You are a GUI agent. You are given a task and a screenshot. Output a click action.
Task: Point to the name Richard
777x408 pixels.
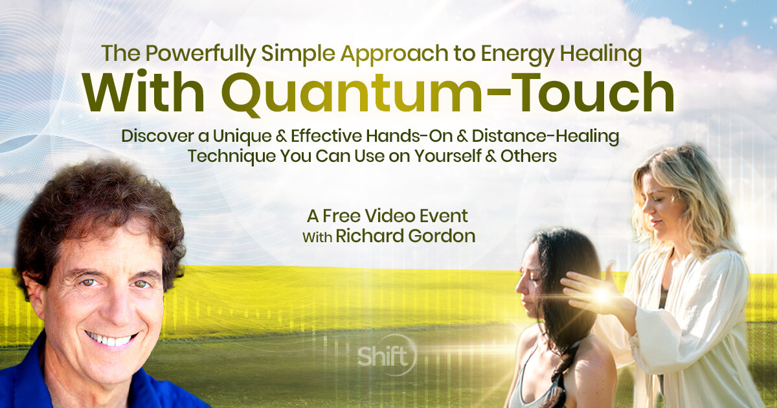pos(363,236)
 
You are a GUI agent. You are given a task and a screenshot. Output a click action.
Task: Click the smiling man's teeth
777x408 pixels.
pos(110,337)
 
